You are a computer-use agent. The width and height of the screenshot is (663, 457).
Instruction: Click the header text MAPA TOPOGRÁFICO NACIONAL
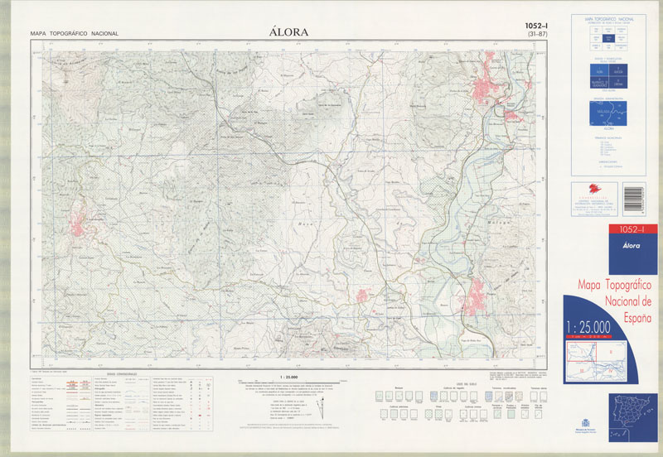[74, 34]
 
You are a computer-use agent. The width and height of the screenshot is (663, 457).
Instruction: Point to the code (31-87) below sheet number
[540, 36]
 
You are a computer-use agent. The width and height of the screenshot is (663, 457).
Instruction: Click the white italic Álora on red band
[608, 243]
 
